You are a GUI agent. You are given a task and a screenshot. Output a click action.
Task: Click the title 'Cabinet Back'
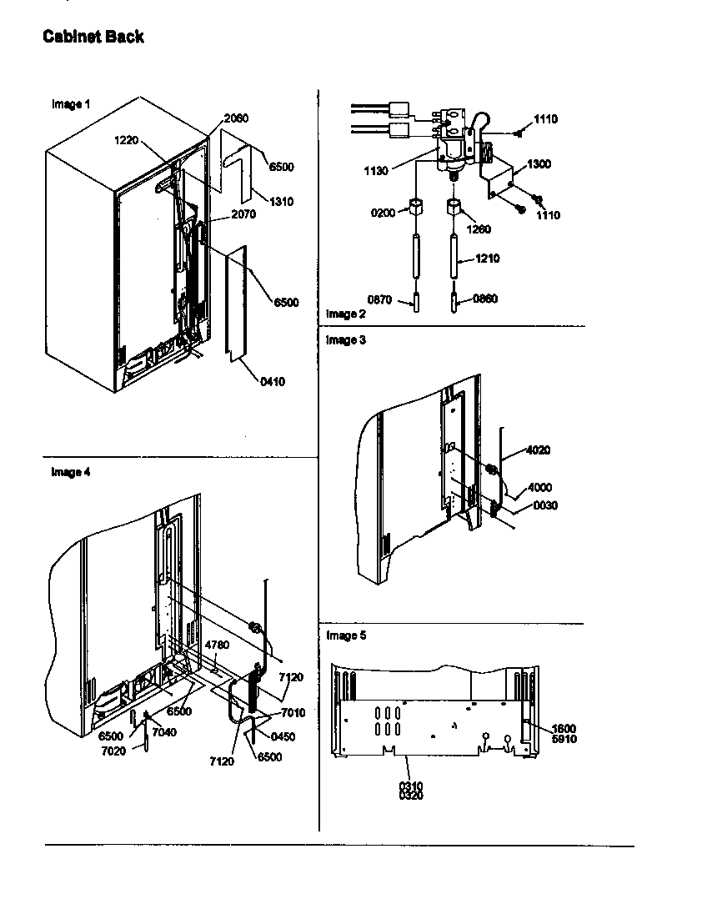pos(93,37)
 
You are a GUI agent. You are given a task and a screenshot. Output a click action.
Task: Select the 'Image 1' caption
pos(71,104)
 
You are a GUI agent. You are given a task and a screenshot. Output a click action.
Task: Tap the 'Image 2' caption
pos(345,314)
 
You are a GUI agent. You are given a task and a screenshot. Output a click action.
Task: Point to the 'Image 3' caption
pos(345,340)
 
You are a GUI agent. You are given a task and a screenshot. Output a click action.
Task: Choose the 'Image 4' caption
pos(71,472)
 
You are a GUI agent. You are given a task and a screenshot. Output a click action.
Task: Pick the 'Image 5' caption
pos(345,635)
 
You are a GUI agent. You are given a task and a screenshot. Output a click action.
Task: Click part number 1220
pos(126,141)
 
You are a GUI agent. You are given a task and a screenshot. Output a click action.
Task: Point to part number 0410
pos(272,382)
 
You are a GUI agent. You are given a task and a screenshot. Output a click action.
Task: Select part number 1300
pos(539,164)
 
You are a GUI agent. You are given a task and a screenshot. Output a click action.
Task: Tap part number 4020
pos(538,450)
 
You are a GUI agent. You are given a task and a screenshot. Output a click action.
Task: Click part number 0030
pos(545,505)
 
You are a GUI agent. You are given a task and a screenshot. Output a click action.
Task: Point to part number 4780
pos(217,645)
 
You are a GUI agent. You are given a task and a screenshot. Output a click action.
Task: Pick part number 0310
pos(409,786)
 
